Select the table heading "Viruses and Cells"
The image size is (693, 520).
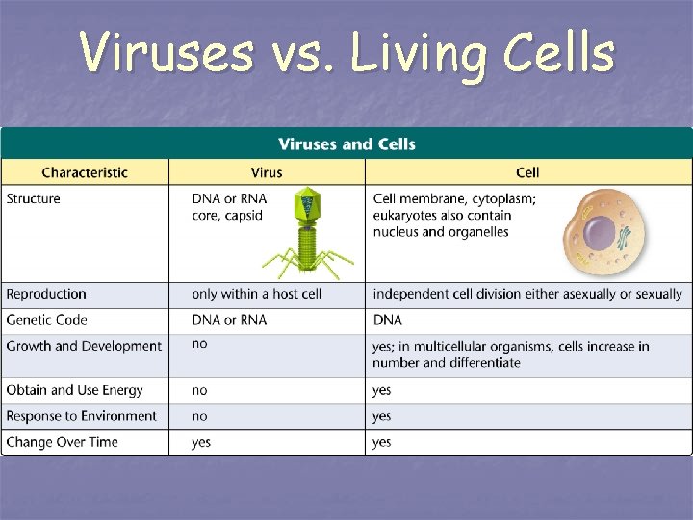pyautogui.click(x=346, y=144)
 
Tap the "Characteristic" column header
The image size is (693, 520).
pyautogui.click(x=85, y=172)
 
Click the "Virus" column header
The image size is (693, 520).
pyautogui.click(x=267, y=172)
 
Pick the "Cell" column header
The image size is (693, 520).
pyautogui.click(x=527, y=172)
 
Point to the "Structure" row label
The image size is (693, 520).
pyautogui.click(x=34, y=199)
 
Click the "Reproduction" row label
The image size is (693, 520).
pyautogui.click(x=46, y=294)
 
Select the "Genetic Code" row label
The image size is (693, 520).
pyautogui.click(x=47, y=320)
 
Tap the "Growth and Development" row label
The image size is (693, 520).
pyautogui.click(x=84, y=346)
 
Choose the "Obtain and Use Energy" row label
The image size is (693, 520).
pyautogui.click(x=74, y=390)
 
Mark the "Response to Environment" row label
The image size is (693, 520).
pyautogui.click(x=81, y=416)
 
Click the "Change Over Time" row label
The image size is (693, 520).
pyautogui.click(x=63, y=442)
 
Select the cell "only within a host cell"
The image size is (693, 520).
pyautogui.click(x=256, y=294)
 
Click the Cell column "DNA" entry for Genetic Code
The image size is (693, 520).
pyautogui.click(x=387, y=320)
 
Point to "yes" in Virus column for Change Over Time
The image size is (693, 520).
pyautogui.click(x=201, y=442)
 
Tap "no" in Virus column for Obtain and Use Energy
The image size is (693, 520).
pyautogui.click(x=199, y=390)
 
